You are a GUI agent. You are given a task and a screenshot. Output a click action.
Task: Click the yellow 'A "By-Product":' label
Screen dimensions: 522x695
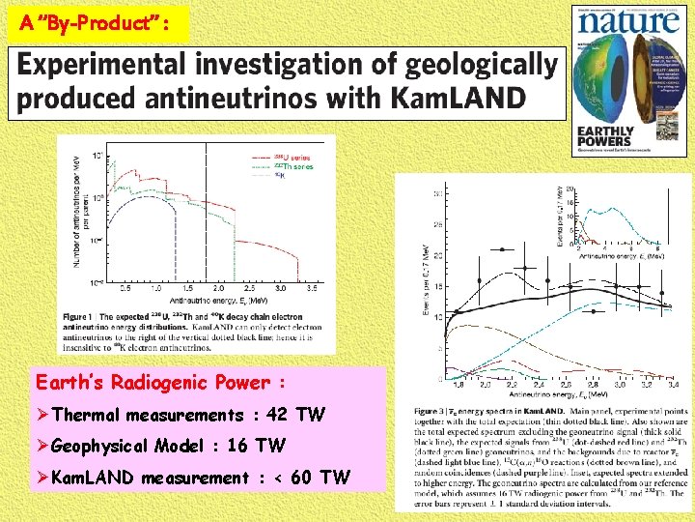[x=95, y=23]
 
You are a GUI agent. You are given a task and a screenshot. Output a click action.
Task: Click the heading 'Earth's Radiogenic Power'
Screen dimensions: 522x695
[x=160, y=383]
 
